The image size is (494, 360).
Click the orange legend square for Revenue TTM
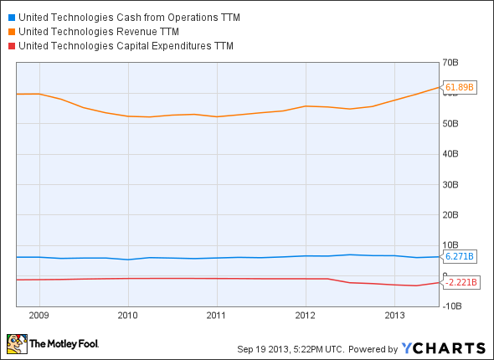click(x=10, y=32)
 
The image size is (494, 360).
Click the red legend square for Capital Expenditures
click(x=10, y=45)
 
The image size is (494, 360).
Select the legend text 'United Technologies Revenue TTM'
click(x=98, y=32)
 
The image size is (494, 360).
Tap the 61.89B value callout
click(x=460, y=87)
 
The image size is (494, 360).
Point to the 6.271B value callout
click(x=460, y=256)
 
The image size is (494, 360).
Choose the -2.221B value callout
click(x=460, y=282)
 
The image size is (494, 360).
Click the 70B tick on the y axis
click(x=453, y=63)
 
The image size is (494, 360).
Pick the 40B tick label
click(x=453, y=154)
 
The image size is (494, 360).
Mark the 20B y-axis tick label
click(x=453, y=214)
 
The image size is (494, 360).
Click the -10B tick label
click(x=451, y=306)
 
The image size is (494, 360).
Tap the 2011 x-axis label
click(x=216, y=316)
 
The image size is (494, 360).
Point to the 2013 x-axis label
click(x=394, y=316)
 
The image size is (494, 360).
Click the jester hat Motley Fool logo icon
click(x=15, y=343)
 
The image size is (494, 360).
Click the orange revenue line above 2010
click(x=127, y=116)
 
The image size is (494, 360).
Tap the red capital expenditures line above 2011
click(x=216, y=278)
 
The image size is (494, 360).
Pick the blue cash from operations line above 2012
click(x=305, y=255)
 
